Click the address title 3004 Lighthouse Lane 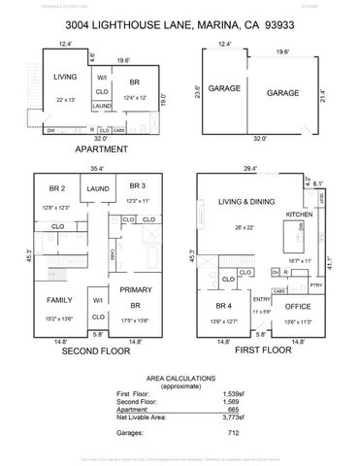point(180,28)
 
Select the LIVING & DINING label point(244,203)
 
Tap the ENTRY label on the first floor point(262,300)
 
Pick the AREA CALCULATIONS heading point(180,378)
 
